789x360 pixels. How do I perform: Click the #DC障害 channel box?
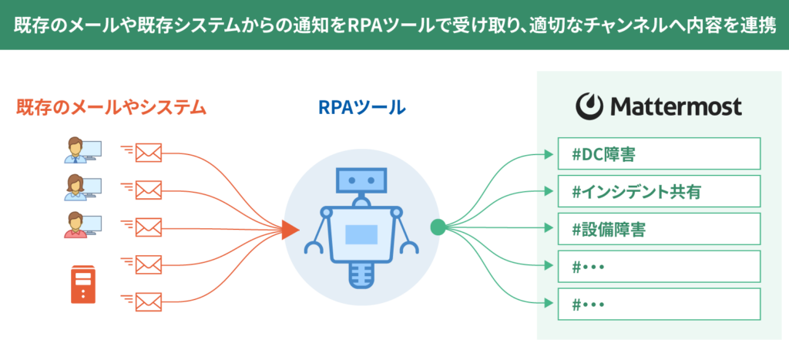659,153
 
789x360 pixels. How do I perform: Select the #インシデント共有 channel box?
659,191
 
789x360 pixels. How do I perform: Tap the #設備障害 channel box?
659,229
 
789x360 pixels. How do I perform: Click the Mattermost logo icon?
588,106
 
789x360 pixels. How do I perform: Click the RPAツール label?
362,106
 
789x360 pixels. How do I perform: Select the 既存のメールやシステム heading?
112,107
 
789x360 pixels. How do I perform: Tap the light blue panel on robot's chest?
361,234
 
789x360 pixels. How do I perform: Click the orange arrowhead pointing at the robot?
290,229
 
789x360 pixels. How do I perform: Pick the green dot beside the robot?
438,227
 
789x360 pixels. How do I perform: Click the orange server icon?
83,285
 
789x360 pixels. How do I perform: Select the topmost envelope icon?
149,153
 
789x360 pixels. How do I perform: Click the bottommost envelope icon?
149,302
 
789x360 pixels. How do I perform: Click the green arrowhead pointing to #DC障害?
549,153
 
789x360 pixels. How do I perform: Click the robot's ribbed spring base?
361,274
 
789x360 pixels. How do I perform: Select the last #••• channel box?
659,304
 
